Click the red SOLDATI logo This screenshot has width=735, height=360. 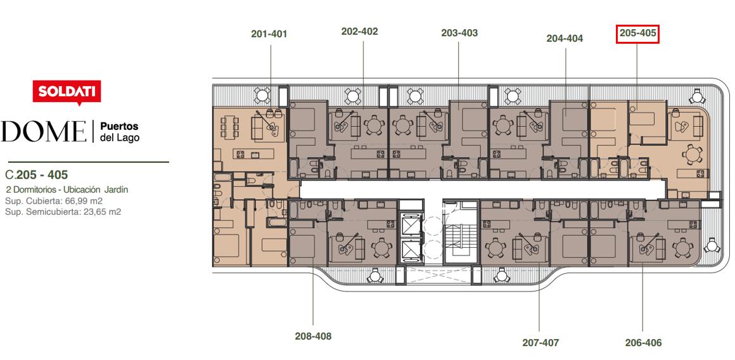click(67, 93)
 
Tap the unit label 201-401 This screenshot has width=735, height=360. click(269, 34)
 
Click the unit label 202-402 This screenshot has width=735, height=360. click(359, 32)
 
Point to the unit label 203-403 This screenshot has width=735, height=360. click(459, 33)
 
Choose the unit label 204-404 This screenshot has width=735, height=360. click(565, 39)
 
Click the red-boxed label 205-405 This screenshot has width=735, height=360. click(637, 34)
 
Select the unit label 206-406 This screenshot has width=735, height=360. click(644, 343)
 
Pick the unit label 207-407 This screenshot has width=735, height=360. click(541, 343)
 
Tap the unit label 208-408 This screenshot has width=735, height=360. click(313, 336)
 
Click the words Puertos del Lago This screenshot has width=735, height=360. click(120, 132)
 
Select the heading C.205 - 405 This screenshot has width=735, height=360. click(37, 175)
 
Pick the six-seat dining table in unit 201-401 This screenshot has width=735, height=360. click(229, 127)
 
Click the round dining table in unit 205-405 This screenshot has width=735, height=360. click(692, 154)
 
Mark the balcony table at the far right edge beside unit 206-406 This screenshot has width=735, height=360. click(712, 245)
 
